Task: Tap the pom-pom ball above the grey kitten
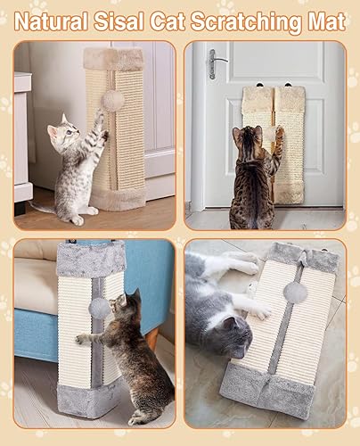[112, 100]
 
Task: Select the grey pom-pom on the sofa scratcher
[99, 308]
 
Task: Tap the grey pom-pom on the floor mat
[294, 292]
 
